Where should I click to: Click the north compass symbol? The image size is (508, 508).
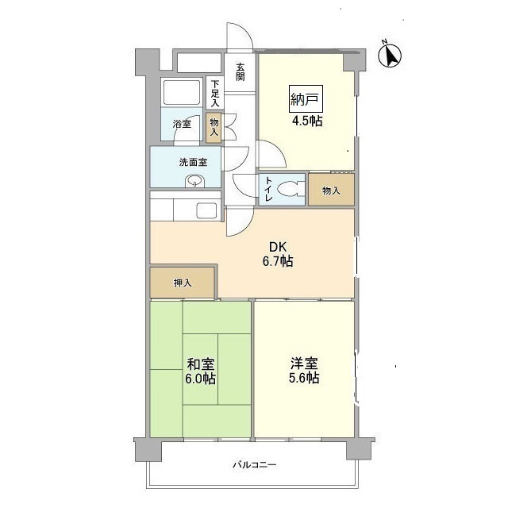tap(390, 55)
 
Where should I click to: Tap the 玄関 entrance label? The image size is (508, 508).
tap(239, 71)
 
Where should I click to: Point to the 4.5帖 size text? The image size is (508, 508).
tap(306, 122)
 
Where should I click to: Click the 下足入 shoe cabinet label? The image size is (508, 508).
tap(214, 93)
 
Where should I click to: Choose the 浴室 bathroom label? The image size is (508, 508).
tap(182, 124)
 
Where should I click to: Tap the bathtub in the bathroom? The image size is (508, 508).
tap(183, 95)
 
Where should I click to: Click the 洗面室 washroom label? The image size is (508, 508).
tap(193, 162)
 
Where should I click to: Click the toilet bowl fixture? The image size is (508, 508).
tap(291, 189)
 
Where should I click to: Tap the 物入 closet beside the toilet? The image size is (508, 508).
tap(331, 190)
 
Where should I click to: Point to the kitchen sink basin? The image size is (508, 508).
tap(206, 210)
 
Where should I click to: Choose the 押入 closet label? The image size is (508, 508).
tap(183, 283)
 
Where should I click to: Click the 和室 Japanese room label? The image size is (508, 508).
tap(200, 364)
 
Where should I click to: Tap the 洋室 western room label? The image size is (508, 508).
tap(304, 364)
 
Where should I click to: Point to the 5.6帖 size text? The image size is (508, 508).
tap(304, 379)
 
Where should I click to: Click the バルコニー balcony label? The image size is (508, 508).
tap(254, 465)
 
